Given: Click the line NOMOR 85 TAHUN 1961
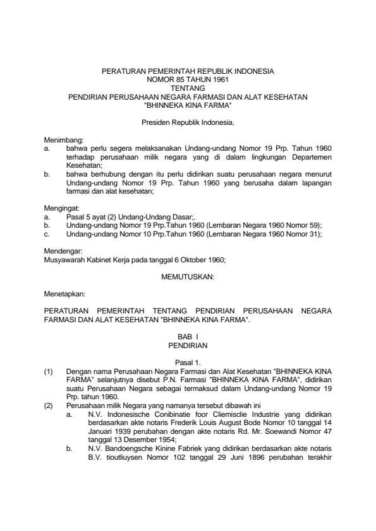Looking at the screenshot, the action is tap(188, 81).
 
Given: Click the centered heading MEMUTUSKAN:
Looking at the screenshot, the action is tap(188, 277).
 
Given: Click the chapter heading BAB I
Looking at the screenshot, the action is tap(188, 338).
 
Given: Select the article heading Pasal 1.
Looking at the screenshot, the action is tap(188, 361).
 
